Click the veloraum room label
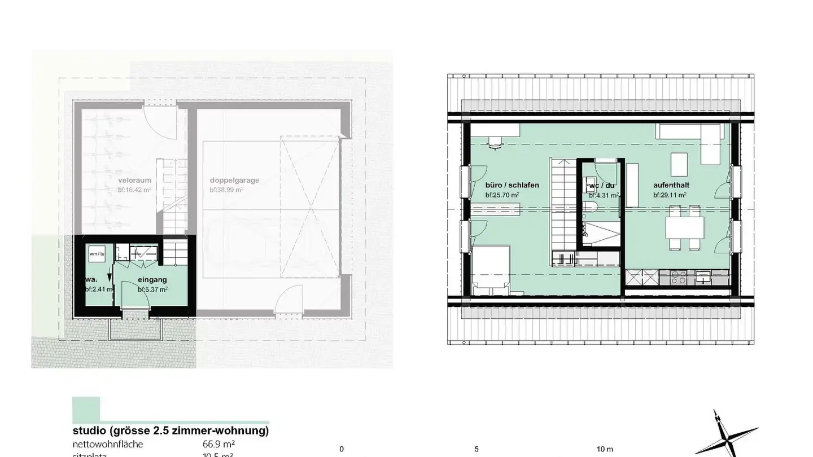tap(134, 181)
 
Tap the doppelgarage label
tap(234, 181)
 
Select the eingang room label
tap(152, 279)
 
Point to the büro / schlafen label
tap(512, 185)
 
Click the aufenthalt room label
tap(671, 185)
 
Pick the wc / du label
tap(601, 186)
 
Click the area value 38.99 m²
tap(227, 190)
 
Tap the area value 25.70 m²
tap(502, 195)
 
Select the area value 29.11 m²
tap(670, 195)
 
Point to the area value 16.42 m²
tap(135, 190)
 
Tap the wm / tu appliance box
tap(97, 254)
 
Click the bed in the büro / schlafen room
tap(491, 269)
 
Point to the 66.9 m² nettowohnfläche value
tap(219, 444)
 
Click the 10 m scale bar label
tap(605, 449)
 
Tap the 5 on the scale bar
tap(477, 449)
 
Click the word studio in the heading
tap(90, 431)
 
